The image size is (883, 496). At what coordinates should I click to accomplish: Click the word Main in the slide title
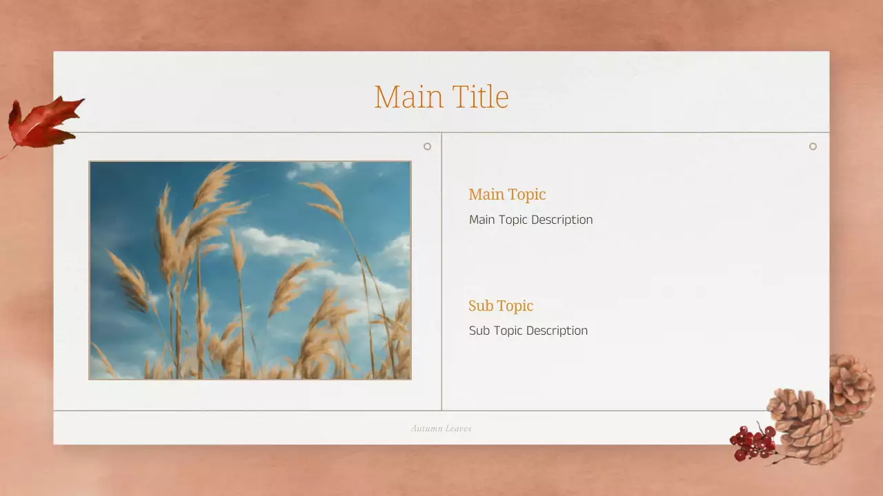click(x=408, y=97)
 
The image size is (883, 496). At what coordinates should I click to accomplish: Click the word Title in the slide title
click(x=480, y=97)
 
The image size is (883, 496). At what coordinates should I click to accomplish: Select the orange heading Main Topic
click(x=507, y=194)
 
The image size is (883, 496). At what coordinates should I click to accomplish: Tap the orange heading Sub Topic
click(x=501, y=306)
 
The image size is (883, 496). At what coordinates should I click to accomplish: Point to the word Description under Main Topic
click(x=560, y=220)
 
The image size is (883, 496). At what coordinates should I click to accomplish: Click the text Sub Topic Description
click(x=528, y=331)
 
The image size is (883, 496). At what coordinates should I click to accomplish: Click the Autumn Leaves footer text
click(x=441, y=428)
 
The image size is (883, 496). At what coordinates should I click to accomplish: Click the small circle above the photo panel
click(x=427, y=146)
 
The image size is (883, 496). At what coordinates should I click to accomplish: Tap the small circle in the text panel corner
click(x=813, y=146)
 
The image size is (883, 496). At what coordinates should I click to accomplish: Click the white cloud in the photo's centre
click(x=279, y=242)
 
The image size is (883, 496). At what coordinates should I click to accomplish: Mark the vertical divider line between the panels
click(x=441, y=276)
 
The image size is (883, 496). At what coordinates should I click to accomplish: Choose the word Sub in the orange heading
click(x=481, y=306)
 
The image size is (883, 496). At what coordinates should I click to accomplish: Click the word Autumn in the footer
click(x=426, y=428)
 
